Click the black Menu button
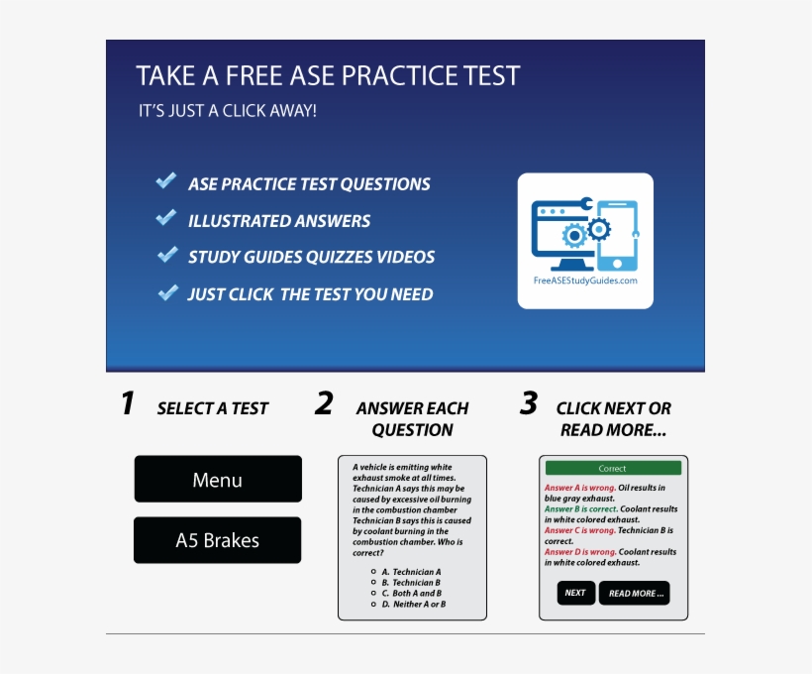point(218,480)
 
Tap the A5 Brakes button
point(218,540)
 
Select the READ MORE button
point(634,593)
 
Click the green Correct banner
point(613,468)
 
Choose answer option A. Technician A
point(411,572)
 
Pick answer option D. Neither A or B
point(413,604)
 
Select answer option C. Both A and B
point(411,593)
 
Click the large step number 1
point(127,404)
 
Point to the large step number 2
point(324,404)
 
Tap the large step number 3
point(529,404)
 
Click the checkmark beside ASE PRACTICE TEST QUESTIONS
point(166,181)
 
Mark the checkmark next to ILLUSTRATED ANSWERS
point(166,218)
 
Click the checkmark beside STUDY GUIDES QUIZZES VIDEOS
point(166,255)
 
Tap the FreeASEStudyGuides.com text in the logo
point(585,281)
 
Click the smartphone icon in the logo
point(617,236)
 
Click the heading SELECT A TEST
point(213,408)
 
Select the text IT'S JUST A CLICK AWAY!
point(228,111)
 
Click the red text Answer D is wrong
point(580,552)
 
